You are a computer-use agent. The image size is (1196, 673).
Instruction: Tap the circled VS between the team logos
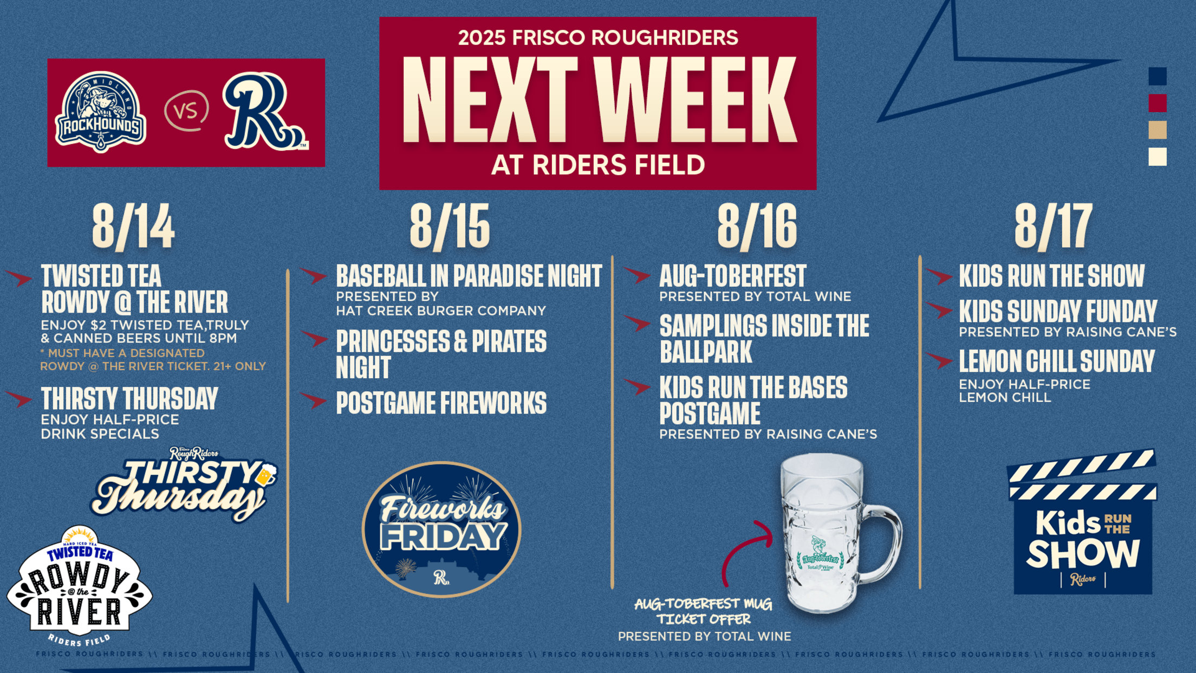coord(186,111)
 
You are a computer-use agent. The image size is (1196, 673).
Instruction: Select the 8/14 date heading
coord(133,227)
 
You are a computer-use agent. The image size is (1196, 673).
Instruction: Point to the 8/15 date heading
coord(450,227)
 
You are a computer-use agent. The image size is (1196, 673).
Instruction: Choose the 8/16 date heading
coord(757,227)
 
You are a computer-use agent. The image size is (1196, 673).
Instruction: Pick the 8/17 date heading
coord(1054,227)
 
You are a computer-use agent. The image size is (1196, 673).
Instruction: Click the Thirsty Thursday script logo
coord(184,484)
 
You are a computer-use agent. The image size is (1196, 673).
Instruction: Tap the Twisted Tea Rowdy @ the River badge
coord(80,586)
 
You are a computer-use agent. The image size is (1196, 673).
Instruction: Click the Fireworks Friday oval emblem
coord(441,529)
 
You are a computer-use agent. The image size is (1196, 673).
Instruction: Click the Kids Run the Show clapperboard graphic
coord(1082,521)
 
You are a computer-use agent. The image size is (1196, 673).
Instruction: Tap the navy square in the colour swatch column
coord(1158,76)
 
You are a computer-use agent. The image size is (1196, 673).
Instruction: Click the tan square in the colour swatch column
coord(1158,130)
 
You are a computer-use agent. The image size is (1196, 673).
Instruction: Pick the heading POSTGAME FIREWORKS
coord(441,403)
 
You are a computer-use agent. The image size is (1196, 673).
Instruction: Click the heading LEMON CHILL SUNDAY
coord(1057,361)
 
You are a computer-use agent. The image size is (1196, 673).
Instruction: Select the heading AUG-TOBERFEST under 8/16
coord(733,276)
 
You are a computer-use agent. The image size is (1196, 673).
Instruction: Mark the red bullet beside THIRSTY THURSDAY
coord(19,399)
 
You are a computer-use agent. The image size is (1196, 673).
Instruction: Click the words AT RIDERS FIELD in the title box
coord(598,165)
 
